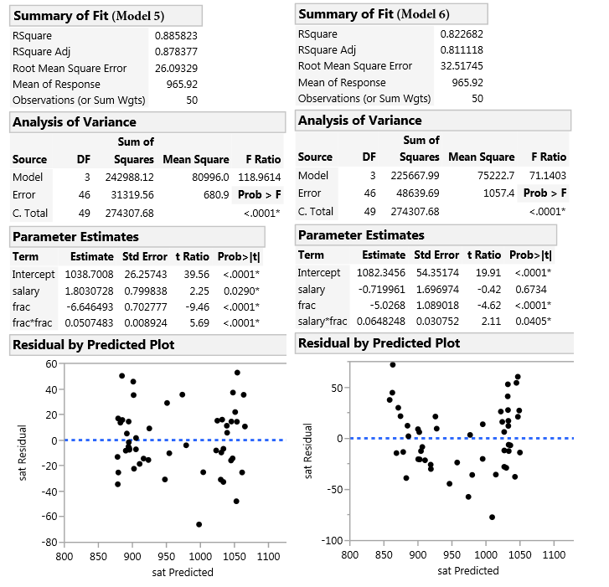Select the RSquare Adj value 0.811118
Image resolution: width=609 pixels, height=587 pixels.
[462, 50]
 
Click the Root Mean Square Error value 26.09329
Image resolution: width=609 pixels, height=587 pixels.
[176, 68]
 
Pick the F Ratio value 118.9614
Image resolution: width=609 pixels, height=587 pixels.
[259, 178]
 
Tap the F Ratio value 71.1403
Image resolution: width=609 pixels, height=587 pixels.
[547, 176]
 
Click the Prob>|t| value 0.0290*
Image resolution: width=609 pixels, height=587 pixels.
[242, 291]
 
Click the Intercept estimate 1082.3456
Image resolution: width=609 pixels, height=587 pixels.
[382, 273]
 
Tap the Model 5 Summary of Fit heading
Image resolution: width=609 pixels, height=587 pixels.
[106, 16]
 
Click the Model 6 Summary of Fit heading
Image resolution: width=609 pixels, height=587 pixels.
[391, 14]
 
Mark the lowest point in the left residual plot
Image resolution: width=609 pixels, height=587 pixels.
[199, 524]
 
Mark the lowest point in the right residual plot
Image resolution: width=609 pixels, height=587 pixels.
[492, 517]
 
